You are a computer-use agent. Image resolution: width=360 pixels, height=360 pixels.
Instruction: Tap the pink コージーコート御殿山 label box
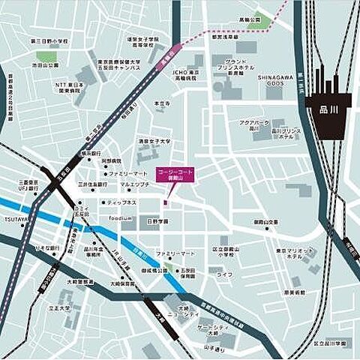173,175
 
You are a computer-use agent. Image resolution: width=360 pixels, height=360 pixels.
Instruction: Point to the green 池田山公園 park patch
46,57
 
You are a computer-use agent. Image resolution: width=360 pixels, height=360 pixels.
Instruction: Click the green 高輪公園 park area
259,23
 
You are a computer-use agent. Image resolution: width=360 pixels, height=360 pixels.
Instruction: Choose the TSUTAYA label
15,219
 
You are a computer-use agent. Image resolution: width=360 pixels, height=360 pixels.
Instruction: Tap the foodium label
120,218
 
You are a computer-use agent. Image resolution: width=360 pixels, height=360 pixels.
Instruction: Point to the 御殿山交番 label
265,222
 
